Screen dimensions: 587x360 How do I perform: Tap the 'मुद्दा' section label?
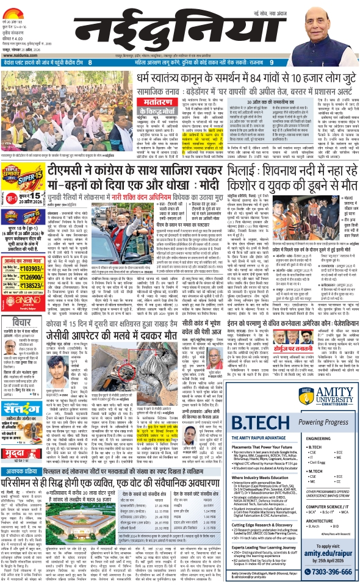14,420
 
